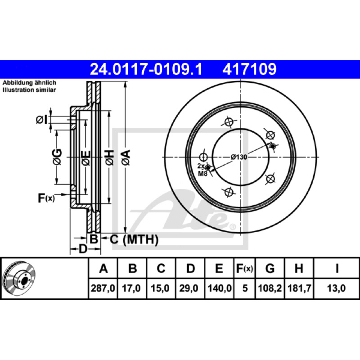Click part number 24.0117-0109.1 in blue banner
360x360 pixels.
[x=146, y=69]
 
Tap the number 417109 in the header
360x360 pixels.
[x=249, y=69]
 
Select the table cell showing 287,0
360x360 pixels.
[x=103, y=288]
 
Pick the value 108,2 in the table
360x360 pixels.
[x=270, y=288]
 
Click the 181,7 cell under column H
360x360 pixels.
[x=299, y=288]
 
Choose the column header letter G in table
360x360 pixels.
[x=270, y=268]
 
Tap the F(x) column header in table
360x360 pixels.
[x=244, y=268]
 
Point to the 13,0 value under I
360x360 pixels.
[x=336, y=288]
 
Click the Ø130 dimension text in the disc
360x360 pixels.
[x=239, y=157]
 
